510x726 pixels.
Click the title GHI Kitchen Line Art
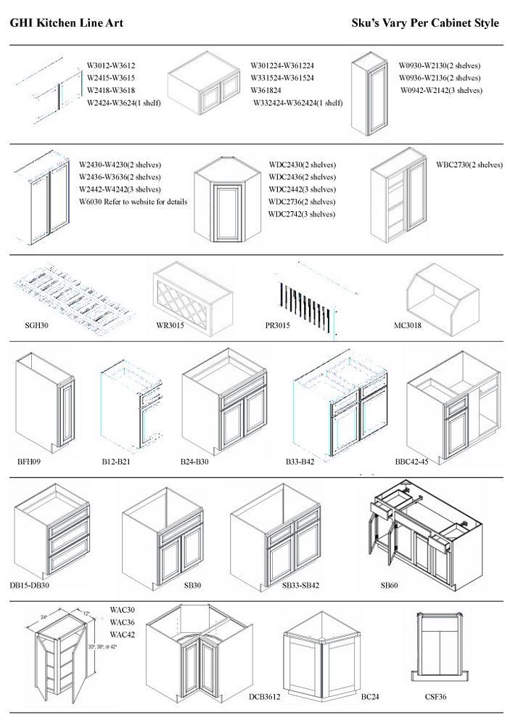coord(66,23)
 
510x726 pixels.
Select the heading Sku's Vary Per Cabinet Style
coord(424,23)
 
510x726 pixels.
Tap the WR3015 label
coord(170,325)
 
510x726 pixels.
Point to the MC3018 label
coord(407,325)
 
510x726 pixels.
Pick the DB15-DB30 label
coord(30,584)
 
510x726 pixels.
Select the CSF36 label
coord(435,697)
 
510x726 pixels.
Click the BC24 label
coord(370,697)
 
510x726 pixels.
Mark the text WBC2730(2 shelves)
coord(469,164)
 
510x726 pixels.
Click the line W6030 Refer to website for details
coord(132,202)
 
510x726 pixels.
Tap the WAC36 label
coord(123,622)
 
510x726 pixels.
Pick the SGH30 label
coord(37,325)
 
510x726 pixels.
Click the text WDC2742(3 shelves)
coord(302,214)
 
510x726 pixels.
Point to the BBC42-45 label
coord(411,461)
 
